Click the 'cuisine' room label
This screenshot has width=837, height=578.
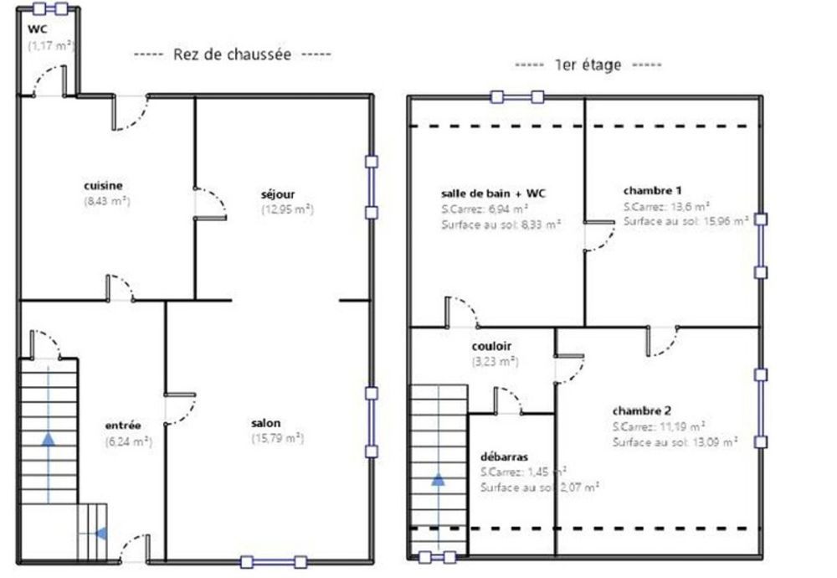[x=103, y=186]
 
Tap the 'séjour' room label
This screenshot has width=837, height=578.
[x=278, y=194]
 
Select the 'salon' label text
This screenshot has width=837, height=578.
[x=266, y=423]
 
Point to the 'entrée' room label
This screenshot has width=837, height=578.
[x=123, y=426]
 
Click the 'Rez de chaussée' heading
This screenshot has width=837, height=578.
[x=232, y=54]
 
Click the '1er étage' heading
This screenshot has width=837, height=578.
[x=588, y=65]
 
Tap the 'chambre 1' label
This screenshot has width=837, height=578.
[x=652, y=191]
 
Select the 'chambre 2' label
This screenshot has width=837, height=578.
[x=642, y=410]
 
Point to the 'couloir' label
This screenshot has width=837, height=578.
[x=491, y=346]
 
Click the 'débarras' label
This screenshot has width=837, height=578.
[x=504, y=457]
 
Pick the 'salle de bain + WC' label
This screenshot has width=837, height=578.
[x=493, y=194]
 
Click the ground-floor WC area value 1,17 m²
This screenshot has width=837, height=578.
[x=51, y=46]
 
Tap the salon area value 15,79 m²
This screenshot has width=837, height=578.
[x=278, y=439]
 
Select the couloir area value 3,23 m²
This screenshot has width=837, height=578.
[x=495, y=362]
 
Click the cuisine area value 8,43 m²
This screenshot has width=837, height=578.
[x=107, y=201]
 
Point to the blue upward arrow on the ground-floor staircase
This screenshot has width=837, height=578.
[x=49, y=439]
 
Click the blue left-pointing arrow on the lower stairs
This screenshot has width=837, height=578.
[x=101, y=533]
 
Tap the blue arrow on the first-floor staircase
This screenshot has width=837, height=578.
[x=439, y=479]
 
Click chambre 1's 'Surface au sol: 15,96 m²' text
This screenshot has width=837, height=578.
[x=686, y=221]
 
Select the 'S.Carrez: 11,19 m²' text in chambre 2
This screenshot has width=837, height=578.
[x=659, y=426]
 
